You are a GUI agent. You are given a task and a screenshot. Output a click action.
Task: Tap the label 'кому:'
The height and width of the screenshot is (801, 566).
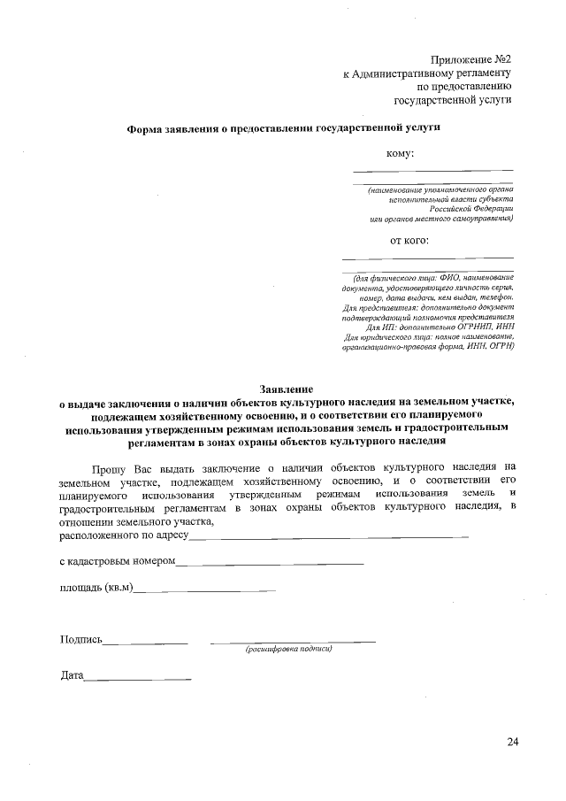[x=401, y=154]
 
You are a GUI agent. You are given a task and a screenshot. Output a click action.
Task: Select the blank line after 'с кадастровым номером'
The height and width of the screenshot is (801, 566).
[x=270, y=562]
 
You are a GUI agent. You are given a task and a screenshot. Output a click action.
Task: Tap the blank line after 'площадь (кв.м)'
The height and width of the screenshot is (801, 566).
[x=204, y=589]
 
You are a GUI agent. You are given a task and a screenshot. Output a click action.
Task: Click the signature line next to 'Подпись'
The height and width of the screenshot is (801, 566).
[x=147, y=641]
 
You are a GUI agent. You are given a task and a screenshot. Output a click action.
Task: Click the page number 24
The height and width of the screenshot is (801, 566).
[x=512, y=740]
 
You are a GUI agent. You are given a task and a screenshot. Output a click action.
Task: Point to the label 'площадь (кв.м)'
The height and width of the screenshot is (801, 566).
[x=96, y=587]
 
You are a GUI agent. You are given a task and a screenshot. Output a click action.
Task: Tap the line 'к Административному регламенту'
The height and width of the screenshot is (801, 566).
[x=428, y=72]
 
